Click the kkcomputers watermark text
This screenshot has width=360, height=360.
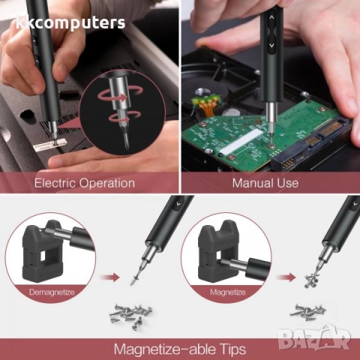tap(70, 22)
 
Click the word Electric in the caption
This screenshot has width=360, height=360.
tap(55, 183)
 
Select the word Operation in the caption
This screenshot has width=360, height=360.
tap(107, 184)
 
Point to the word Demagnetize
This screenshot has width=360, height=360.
tap(52, 292)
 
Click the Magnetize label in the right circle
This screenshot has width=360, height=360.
tap(228, 292)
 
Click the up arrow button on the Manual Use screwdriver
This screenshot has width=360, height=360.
tap(271, 17)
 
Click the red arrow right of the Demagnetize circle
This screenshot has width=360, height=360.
tap(109, 277)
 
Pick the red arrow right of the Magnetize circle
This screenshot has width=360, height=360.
tap(286, 277)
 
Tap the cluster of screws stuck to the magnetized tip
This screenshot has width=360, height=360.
tap(313, 280)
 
